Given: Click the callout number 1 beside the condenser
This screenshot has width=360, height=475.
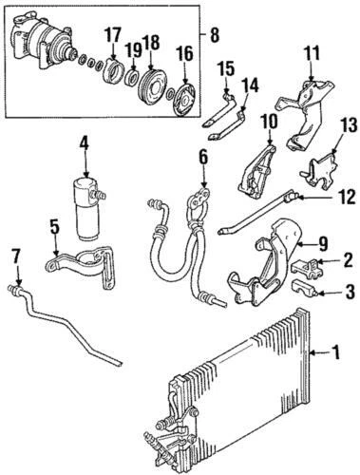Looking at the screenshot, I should pyautogui.click(x=333, y=356).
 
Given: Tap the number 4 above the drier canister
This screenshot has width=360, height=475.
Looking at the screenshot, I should pyautogui.click(x=85, y=145).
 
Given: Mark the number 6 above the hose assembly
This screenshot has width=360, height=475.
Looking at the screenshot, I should pyautogui.click(x=202, y=154).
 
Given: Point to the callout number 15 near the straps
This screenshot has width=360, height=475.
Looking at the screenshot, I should pyautogui.click(x=224, y=69).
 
